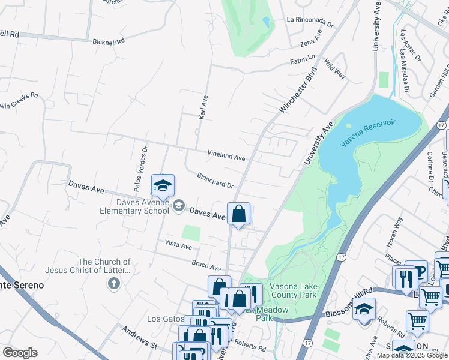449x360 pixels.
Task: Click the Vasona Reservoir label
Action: pos(369,133)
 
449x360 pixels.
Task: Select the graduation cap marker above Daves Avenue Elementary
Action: pos(162,186)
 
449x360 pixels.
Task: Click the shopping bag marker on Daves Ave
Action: pos(238,214)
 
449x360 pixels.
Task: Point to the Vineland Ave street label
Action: pos(226,156)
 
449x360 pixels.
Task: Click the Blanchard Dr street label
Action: pos(215,181)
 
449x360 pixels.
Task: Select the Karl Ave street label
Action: pos(203,106)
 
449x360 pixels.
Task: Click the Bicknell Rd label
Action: pos(109,42)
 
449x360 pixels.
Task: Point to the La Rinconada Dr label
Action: pos(310,22)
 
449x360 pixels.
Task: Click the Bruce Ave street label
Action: pos(206,265)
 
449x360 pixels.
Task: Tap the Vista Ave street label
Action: pos(178,246)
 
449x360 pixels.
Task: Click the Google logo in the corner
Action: pos(20,353)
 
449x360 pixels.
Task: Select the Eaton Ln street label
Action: pos(303,58)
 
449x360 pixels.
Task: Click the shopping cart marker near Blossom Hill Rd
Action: pos(430,296)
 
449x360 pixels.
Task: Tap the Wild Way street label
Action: pos(334,68)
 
